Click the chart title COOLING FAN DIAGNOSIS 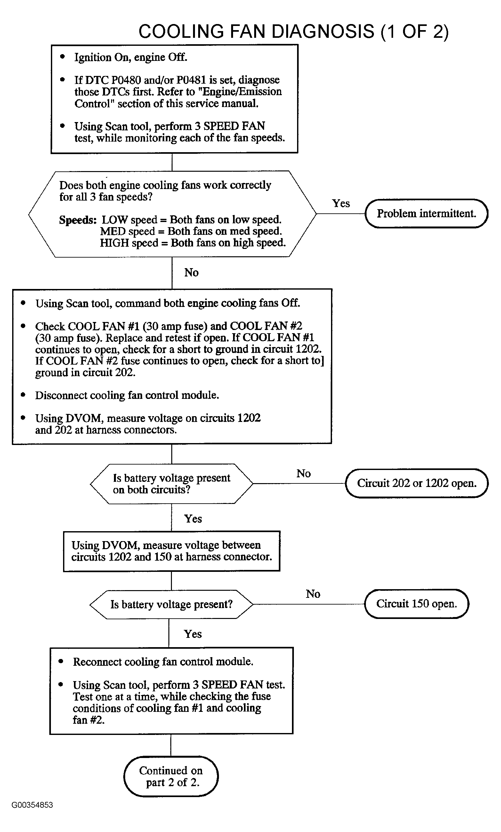pos(256,31)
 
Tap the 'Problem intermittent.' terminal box pos(426,213)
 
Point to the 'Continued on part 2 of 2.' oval pos(171,776)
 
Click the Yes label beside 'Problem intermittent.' pos(341,203)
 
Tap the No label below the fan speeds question pos(191,273)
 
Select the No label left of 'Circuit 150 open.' pos(313,594)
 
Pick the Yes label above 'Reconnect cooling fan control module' pos(193,634)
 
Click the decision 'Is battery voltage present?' pos(171,605)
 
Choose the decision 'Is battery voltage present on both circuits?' pos(171,484)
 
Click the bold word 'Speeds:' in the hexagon pos(78,220)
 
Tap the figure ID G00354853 pos(32,805)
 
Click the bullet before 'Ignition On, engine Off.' pos(62,57)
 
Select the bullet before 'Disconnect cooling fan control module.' pos(23,394)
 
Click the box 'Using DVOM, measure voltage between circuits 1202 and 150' pos(172,551)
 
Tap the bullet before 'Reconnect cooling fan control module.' pos(61,661)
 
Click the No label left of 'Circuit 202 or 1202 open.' pos(303,474)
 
